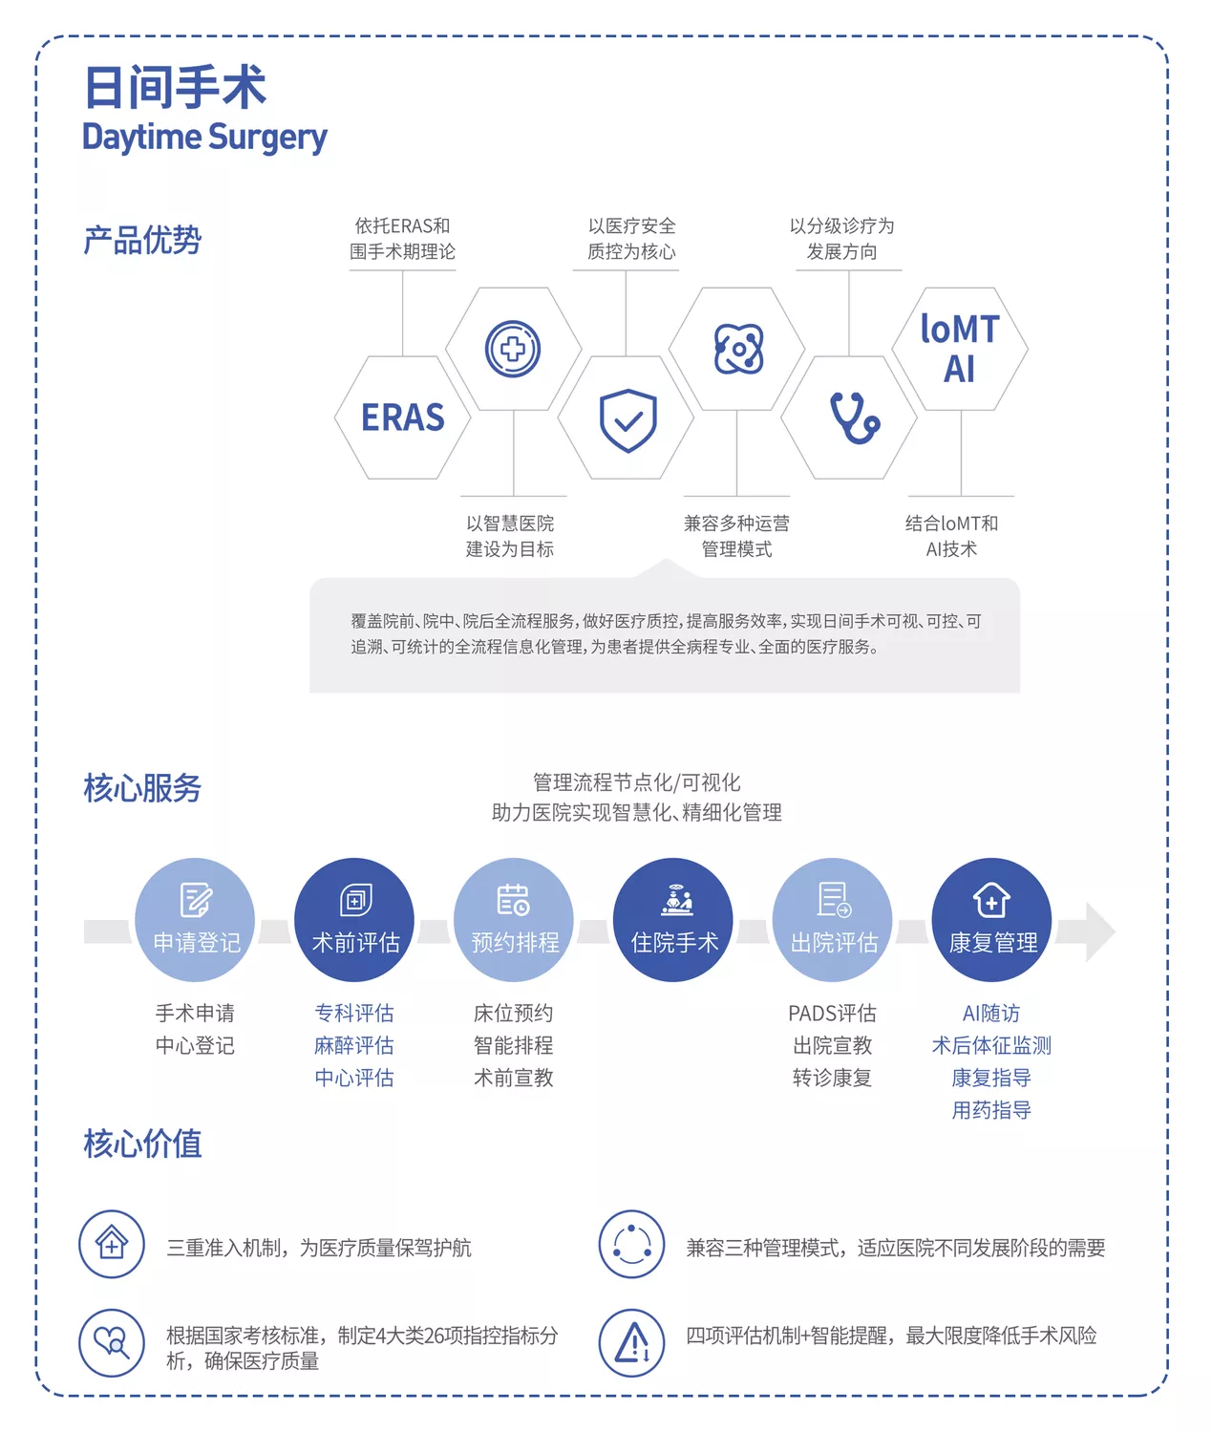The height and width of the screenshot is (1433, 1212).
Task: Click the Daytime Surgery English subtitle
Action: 204,138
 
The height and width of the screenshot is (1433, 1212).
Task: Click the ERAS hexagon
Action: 402,417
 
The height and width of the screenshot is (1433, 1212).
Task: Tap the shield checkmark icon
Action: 627,419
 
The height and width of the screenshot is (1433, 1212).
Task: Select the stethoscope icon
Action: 850,417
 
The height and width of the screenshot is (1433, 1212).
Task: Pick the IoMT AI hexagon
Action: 960,349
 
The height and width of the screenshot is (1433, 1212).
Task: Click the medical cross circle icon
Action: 513,349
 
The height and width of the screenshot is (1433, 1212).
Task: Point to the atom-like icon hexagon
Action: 737,349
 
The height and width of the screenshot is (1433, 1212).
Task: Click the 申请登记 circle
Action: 196,920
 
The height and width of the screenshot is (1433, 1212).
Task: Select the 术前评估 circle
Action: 354,920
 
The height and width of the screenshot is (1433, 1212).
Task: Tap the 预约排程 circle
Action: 514,920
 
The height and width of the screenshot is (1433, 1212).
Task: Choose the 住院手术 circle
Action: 673,920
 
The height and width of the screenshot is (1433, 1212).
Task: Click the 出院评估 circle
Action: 833,920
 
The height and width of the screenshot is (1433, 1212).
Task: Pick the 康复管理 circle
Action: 991,920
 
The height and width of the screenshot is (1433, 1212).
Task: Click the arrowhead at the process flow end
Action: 1098,931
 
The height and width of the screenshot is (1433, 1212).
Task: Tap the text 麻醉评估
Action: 354,1045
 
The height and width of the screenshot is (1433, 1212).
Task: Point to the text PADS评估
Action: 832,1013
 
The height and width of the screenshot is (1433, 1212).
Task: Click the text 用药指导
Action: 991,1110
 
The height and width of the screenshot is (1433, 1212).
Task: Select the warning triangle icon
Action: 631,1342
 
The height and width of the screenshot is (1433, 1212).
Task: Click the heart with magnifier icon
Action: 112,1342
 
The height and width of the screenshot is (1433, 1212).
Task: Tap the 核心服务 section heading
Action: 142,788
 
